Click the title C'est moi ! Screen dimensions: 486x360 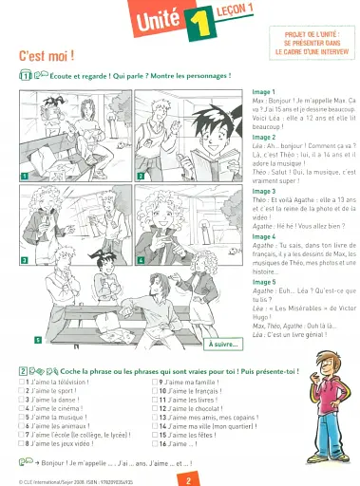pyautogui.click(x=47, y=57)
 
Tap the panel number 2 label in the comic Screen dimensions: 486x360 pyautogui.click(x=141, y=175)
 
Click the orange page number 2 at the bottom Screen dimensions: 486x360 pyautogui.click(x=189, y=479)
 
